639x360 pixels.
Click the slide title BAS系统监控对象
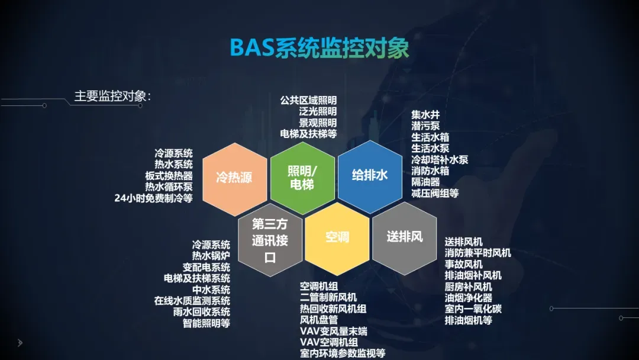(x=319, y=49)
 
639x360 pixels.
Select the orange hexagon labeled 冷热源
(x=234, y=178)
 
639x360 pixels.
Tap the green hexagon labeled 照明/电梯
(x=302, y=178)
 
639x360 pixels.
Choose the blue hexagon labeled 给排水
(x=370, y=175)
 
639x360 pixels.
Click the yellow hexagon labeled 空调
(x=337, y=237)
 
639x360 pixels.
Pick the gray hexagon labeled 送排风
(x=405, y=237)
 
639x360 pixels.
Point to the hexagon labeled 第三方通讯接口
(x=269, y=240)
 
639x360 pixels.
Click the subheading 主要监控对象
(x=112, y=96)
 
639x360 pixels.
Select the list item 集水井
(x=425, y=115)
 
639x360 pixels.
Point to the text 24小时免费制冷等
(x=154, y=198)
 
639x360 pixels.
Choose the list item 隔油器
(x=425, y=182)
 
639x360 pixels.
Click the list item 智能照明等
(x=206, y=323)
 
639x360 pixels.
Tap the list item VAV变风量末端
(x=333, y=331)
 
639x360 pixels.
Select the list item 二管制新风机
(x=328, y=297)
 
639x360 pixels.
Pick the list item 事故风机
(x=463, y=264)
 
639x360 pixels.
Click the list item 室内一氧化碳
(x=473, y=309)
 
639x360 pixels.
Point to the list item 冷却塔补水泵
(x=440, y=160)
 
